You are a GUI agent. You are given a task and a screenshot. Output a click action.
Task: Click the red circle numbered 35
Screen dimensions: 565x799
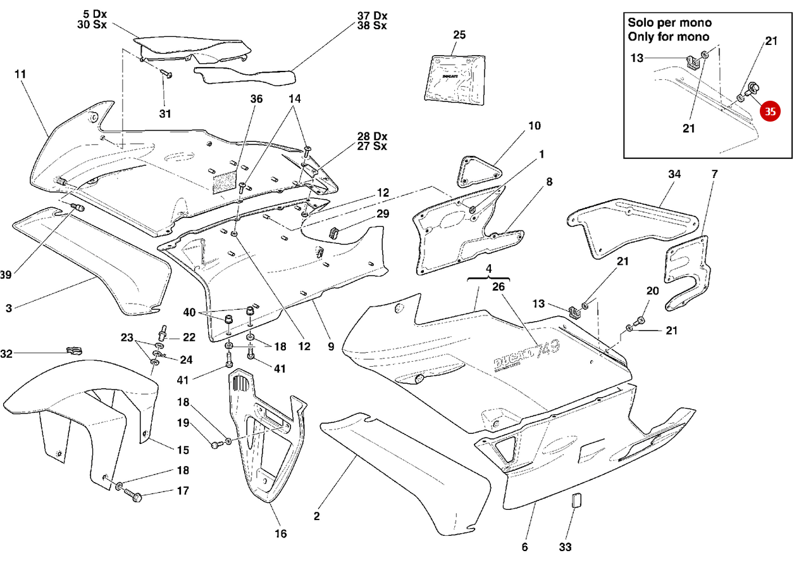pyautogui.click(x=770, y=111)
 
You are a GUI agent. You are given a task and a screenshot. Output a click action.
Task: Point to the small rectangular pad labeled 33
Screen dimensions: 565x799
pyautogui.click(x=575, y=501)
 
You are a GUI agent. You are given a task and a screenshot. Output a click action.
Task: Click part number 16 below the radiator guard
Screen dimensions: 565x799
pyautogui.click(x=280, y=534)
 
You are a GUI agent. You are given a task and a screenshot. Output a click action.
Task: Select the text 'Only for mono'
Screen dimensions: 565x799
pyautogui.click(x=668, y=37)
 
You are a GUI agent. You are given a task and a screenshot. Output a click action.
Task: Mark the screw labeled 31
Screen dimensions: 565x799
pyautogui.click(x=166, y=75)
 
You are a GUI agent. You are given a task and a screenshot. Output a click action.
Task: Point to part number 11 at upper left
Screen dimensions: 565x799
pyautogui.click(x=20, y=74)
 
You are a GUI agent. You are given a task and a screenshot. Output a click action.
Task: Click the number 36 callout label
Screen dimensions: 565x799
pyautogui.click(x=256, y=99)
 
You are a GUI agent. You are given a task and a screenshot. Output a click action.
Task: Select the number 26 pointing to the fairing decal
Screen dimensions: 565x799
pyautogui.click(x=499, y=287)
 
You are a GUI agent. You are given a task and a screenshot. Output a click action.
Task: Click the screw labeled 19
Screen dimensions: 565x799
pyautogui.click(x=215, y=445)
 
